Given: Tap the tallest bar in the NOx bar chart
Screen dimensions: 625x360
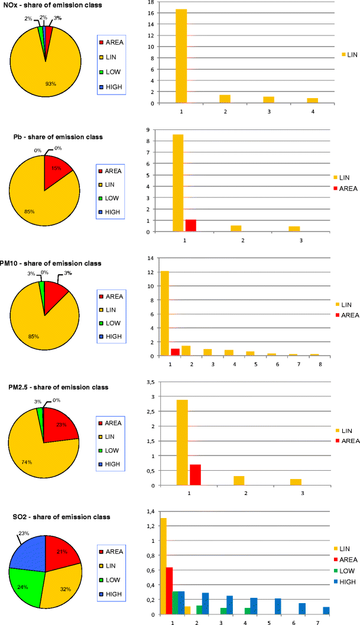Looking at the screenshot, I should tap(181, 57).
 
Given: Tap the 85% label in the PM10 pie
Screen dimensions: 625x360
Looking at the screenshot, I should tap(34, 337).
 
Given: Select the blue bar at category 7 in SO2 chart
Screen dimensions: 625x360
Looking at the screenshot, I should tap(326, 610).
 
